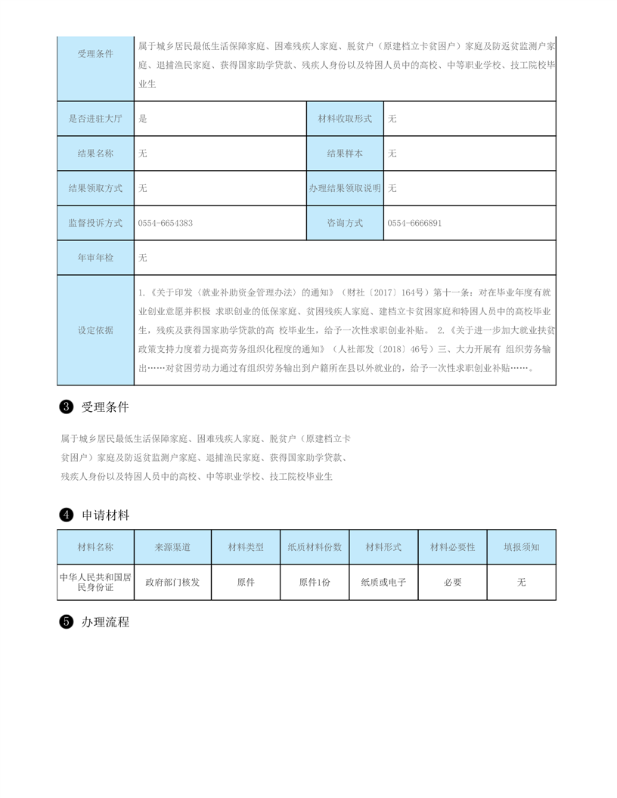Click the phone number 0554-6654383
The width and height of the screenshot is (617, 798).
click(x=166, y=223)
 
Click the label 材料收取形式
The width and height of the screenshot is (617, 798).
click(x=345, y=119)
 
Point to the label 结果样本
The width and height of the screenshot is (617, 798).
click(x=345, y=153)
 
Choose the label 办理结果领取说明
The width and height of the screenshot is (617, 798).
click(x=345, y=188)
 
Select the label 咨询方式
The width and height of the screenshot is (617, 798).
click(x=345, y=223)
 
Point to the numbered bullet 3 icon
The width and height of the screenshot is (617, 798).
click(x=66, y=407)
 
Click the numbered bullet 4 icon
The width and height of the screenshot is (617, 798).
click(x=66, y=515)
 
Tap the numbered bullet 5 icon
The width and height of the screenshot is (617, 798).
click(x=66, y=623)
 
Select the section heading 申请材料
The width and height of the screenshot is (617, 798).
click(x=106, y=515)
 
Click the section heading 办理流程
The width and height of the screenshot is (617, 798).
click(x=106, y=623)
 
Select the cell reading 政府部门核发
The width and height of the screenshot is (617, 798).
click(x=172, y=582)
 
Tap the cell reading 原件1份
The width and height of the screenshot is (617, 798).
click(x=315, y=582)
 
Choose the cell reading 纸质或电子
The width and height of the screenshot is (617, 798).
click(x=383, y=582)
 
